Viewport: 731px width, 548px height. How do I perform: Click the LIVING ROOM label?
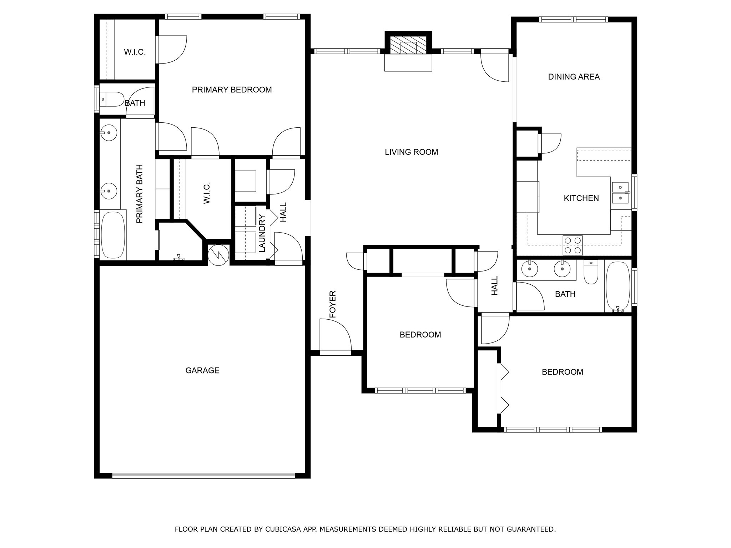(411, 152)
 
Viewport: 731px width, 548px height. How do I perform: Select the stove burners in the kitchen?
(573, 245)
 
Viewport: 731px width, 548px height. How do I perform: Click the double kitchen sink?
(621, 192)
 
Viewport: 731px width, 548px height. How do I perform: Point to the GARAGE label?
(202, 370)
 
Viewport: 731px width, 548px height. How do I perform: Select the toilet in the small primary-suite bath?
(112, 99)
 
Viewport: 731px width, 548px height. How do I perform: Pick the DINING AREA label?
(574, 77)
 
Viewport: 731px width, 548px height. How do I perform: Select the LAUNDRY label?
(262, 233)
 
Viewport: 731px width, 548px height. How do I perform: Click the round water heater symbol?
(218, 255)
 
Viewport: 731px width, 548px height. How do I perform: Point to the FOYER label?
(333, 304)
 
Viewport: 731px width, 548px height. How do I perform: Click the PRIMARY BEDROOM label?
(232, 90)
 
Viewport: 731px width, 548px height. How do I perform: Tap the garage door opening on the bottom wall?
(203, 475)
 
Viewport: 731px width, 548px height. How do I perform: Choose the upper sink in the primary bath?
(109, 133)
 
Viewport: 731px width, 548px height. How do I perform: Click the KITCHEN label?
(581, 198)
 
